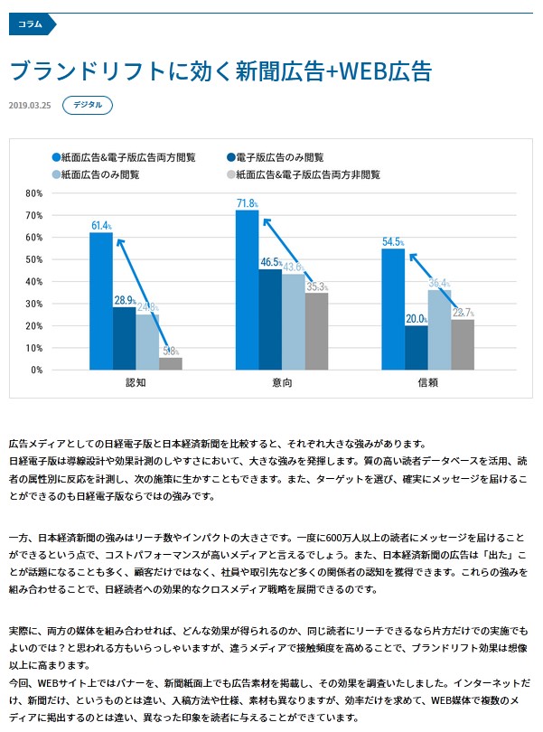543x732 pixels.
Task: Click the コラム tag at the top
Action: coord(31,24)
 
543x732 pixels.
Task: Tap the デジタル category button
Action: coord(88,105)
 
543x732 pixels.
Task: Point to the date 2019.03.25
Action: coord(28,106)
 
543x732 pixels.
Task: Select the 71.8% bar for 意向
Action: coord(247,289)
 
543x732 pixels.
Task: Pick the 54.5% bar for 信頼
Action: coord(393,309)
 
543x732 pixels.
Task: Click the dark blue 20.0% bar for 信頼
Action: coord(417,347)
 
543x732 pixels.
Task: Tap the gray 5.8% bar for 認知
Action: coord(171,363)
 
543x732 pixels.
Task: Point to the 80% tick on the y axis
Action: coord(34,193)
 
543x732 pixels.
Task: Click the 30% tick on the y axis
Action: coord(34,304)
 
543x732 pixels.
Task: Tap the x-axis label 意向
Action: coord(282,383)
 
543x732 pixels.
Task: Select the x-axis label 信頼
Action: coord(428,383)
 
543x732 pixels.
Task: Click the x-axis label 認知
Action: coord(136,383)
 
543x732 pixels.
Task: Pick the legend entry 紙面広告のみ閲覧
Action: coord(99,174)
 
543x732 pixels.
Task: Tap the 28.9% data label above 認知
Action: coord(125,300)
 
